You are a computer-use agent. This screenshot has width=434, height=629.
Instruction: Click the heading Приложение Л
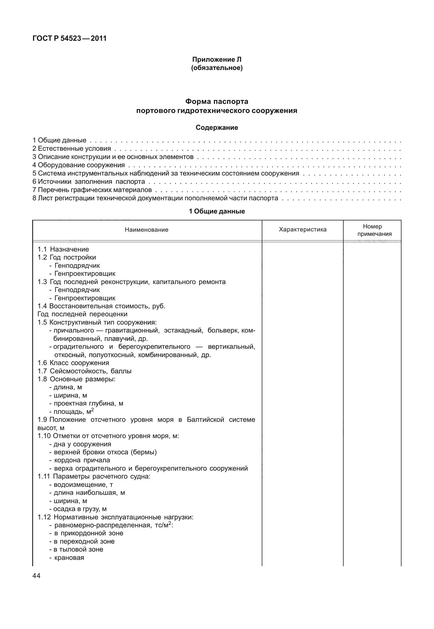coord(217,59)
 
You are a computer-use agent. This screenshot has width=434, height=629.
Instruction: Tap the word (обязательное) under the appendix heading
coord(217,68)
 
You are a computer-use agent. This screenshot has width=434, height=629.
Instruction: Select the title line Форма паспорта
coord(217,101)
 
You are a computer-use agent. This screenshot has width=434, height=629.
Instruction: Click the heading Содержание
coord(217,128)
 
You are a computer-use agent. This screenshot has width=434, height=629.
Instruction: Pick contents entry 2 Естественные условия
coord(72,149)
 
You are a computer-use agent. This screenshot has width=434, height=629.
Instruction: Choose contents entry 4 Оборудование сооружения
coord(79,165)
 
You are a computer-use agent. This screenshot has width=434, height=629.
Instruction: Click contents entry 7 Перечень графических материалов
coord(92,190)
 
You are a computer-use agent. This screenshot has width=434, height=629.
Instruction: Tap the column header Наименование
coord(146,230)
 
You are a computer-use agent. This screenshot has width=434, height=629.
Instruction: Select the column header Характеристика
coord(303,230)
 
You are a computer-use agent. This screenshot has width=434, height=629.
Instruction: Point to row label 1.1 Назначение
coord(63,249)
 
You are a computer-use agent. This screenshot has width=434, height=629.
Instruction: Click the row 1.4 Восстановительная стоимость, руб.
coord(101,306)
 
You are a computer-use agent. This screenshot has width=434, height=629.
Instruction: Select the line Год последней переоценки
coord(82,314)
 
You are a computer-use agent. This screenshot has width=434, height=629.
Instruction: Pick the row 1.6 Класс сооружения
coord(73,363)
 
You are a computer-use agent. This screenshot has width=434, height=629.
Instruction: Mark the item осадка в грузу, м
coord(78,509)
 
